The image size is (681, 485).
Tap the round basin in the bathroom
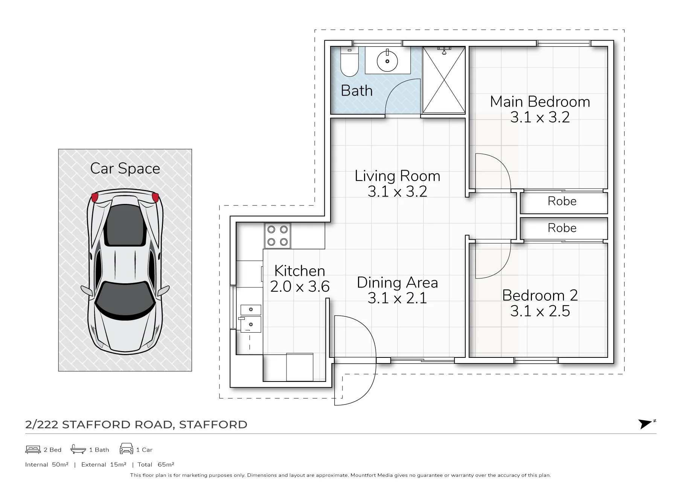coord(387,61)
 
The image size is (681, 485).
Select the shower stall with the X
coord(444,80)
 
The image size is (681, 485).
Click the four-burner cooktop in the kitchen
coord(277,236)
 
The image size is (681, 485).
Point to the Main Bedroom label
coord(540,102)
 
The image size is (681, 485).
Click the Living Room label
coord(398,176)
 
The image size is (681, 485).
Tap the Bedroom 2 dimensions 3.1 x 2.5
coord(540,311)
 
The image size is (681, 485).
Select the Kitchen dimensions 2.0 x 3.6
coord(300,287)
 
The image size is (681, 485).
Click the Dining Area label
coord(398,283)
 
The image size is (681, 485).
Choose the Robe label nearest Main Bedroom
coord(562,201)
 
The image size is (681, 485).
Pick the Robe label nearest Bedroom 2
coord(562,228)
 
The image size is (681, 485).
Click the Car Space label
coord(125,169)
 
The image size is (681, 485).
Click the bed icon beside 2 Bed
coord(33,449)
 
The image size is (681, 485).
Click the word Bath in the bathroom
coord(356,91)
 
